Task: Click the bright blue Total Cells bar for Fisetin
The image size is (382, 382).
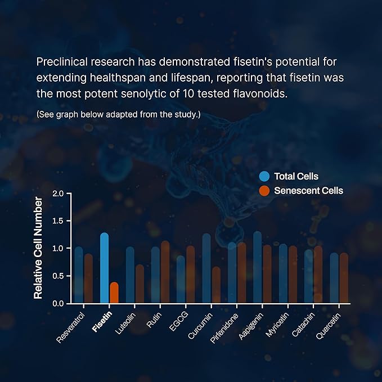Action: pyautogui.click(x=104, y=268)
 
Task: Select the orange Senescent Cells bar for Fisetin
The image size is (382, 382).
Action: pyautogui.click(x=114, y=292)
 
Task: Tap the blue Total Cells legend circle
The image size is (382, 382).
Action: pyautogui.click(x=265, y=177)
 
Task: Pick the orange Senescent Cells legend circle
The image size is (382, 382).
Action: pyautogui.click(x=265, y=191)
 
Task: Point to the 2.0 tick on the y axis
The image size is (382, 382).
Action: pyautogui.click(x=58, y=194)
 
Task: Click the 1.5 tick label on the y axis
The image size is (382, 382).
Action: pyautogui.click(x=58, y=221)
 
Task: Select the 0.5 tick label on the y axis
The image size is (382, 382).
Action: pyautogui.click(x=58, y=276)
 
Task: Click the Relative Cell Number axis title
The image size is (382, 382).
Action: pyautogui.click(x=38, y=248)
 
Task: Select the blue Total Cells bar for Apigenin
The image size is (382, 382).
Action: pyautogui.click(x=257, y=268)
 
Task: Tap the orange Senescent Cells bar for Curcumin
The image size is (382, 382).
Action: pyautogui.click(x=216, y=285)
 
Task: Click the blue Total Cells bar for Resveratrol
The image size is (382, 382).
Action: pyautogui.click(x=79, y=275)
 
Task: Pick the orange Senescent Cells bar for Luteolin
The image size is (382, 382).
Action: pyautogui.click(x=140, y=284)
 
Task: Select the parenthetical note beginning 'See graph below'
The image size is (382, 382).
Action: pyautogui.click(x=118, y=115)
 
